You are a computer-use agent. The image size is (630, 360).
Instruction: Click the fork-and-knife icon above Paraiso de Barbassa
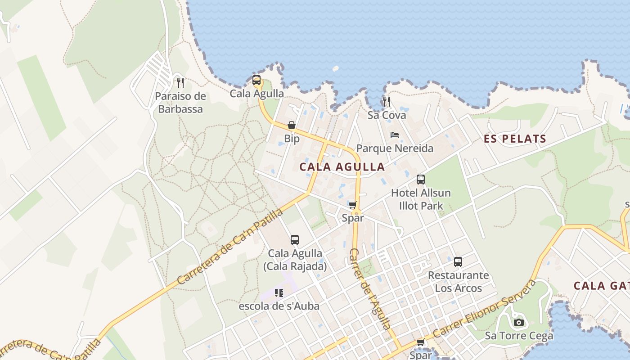[x=180, y=82]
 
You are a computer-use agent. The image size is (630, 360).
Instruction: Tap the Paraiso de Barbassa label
[x=180, y=103]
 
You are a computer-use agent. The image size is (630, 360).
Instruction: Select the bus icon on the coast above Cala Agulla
[x=256, y=81]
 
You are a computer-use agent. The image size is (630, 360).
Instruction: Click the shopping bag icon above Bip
[x=292, y=125]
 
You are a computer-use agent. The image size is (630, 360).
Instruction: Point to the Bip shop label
[x=292, y=139]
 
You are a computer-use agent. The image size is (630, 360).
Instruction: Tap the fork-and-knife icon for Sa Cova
[x=387, y=101]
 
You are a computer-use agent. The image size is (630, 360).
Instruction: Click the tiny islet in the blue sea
[x=335, y=69]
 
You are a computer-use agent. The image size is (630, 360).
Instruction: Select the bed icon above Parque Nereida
[x=395, y=135]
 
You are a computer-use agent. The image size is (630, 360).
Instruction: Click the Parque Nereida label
[x=395, y=148]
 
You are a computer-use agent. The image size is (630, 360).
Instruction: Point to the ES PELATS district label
[x=515, y=139]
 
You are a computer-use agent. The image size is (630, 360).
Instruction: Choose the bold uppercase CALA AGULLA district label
[x=342, y=167]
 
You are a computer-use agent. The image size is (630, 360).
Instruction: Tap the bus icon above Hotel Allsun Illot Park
[x=421, y=180]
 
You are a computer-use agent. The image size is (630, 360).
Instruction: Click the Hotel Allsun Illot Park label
[x=421, y=199]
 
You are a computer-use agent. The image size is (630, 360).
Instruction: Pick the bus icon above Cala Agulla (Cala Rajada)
[x=295, y=240]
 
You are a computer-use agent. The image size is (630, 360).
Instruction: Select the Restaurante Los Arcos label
[x=458, y=281]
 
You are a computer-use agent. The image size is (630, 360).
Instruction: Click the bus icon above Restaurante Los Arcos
[x=458, y=262]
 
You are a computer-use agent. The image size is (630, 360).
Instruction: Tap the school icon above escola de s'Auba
[x=279, y=293]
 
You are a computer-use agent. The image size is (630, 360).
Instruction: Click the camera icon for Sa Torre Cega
[x=519, y=322]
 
